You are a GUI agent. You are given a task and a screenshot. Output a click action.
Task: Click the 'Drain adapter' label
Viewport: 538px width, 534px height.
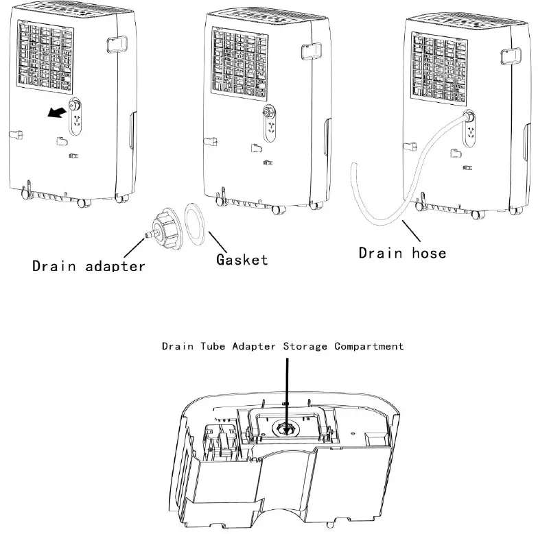click(x=89, y=265)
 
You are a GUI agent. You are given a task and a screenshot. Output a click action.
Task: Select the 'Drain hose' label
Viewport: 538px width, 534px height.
click(x=402, y=252)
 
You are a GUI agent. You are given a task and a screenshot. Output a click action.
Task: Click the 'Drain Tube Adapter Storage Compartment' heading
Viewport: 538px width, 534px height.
click(x=283, y=346)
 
